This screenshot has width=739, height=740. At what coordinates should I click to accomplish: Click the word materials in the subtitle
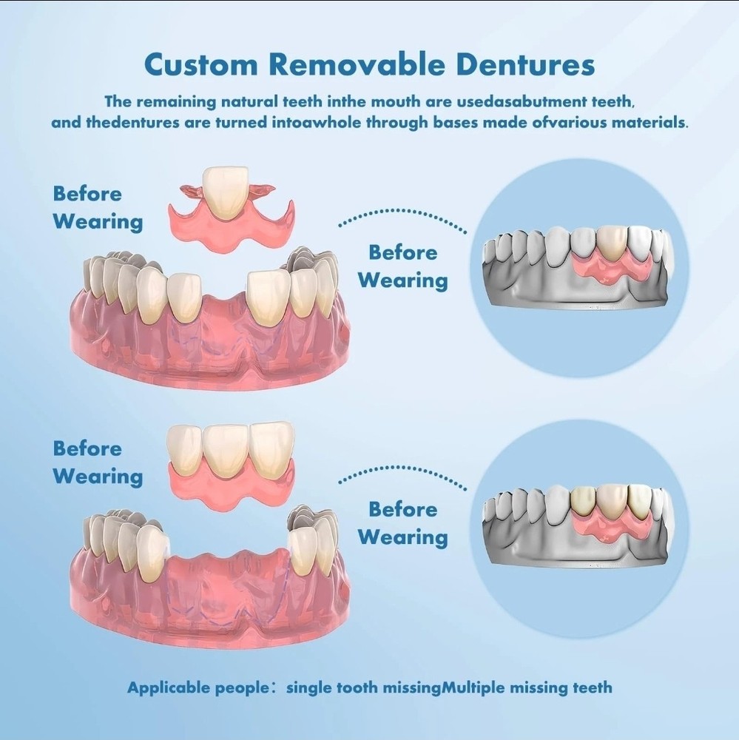pos(643,122)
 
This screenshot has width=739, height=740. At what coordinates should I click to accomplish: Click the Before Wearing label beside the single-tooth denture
pos(97,208)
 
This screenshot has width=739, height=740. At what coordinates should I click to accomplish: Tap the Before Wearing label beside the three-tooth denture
pos(97,462)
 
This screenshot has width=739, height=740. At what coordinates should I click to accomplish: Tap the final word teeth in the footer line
pos(593,687)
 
